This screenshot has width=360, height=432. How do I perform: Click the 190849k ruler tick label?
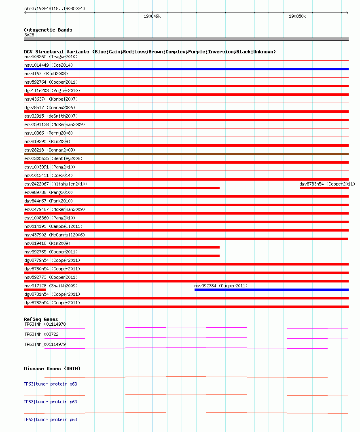[x=152, y=17]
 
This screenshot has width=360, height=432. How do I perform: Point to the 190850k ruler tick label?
[x=297, y=17]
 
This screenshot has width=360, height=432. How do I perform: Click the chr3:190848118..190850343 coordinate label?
[x=55, y=8]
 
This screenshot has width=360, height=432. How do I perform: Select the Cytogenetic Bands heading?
[x=48, y=30]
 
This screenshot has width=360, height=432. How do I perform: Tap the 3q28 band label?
[x=29, y=35]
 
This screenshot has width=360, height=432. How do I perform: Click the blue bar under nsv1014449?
[x=186, y=69]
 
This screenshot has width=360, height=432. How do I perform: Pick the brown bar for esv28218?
[x=186, y=154]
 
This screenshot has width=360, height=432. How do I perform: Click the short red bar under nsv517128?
[x=35, y=290]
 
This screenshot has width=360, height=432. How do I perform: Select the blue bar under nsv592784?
[x=271, y=290]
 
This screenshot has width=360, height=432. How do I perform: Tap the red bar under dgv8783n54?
[x=324, y=188]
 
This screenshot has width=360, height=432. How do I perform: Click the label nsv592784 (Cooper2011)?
[x=221, y=286]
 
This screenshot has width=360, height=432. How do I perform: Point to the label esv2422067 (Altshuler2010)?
[x=56, y=184]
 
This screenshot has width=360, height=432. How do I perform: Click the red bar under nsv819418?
[x=121, y=247]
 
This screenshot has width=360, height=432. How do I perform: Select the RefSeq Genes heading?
[x=41, y=319]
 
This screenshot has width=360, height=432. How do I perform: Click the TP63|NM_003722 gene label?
[x=41, y=334]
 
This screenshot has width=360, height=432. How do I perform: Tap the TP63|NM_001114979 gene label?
[x=45, y=344]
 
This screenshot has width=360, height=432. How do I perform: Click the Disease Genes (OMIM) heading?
[x=52, y=369]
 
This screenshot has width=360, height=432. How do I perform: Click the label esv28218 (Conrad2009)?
[x=49, y=150]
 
